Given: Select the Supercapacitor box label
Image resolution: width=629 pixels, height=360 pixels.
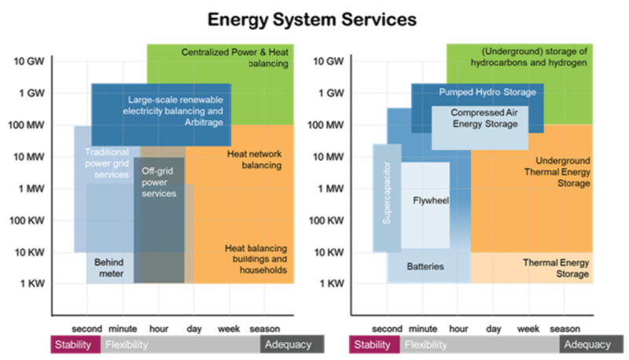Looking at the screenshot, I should tap(386, 199).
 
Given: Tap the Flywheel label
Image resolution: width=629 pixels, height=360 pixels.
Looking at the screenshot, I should tap(430, 200).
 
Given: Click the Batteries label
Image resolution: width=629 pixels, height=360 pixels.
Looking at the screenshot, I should tap(425, 266).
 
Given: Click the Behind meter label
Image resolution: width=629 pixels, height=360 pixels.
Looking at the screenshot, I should tap(109, 267).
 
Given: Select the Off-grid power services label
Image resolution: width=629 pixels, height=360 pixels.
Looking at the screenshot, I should tap(159, 182).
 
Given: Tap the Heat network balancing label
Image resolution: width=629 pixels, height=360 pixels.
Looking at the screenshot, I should tap(253, 160).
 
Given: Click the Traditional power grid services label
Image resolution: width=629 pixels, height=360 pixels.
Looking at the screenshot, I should tap(106, 163).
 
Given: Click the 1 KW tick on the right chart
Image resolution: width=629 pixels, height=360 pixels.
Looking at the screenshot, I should tap(329, 283).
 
